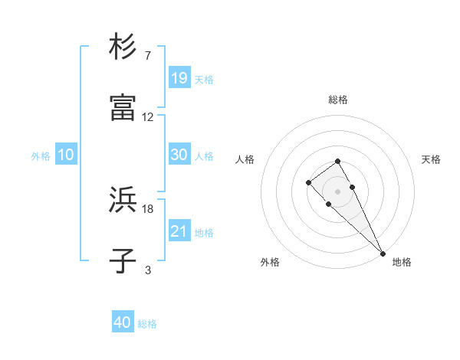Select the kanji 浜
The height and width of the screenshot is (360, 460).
(x=123, y=200)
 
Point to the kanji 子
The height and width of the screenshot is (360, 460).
(x=123, y=261)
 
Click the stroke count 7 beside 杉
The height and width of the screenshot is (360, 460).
(x=147, y=56)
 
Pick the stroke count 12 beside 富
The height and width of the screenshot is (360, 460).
(x=148, y=117)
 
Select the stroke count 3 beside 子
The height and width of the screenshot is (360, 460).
(x=147, y=270)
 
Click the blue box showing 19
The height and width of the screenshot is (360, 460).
(x=179, y=78)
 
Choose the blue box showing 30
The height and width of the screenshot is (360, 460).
(x=179, y=155)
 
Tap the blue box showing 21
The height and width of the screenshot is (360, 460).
(x=179, y=231)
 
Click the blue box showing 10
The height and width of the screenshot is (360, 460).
(x=66, y=155)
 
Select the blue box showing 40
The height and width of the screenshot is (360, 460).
(x=123, y=322)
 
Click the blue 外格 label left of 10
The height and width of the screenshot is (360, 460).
(x=41, y=155)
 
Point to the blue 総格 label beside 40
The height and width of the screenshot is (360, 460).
(x=147, y=324)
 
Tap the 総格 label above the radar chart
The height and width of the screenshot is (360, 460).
(x=338, y=100)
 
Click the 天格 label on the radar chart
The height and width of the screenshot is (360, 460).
(x=431, y=159)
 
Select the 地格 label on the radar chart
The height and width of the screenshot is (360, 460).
(x=402, y=262)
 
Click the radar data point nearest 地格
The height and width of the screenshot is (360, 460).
(x=383, y=254)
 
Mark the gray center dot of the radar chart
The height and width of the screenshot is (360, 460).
(x=337, y=191)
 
